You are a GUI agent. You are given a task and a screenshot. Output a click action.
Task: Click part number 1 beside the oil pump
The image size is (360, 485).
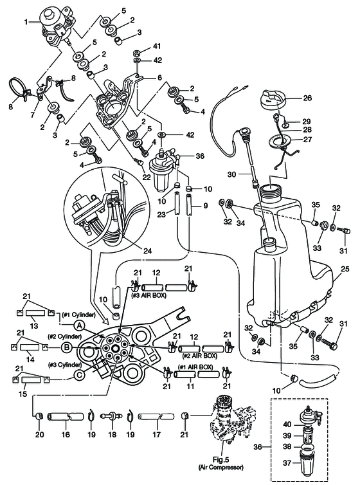click(x=26, y=22)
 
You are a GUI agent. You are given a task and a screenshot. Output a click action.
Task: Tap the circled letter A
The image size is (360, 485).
click(x=80, y=325)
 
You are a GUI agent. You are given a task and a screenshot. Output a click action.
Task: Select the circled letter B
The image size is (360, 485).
click(x=66, y=347)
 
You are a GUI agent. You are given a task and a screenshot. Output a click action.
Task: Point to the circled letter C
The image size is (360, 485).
click(x=80, y=375)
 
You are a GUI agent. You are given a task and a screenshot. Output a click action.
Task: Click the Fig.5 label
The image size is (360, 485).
click(x=221, y=460)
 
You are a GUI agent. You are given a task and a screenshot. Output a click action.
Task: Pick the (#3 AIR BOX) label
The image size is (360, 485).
click(x=149, y=295)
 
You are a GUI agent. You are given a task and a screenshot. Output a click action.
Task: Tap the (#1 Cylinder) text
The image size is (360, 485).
click(x=78, y=315)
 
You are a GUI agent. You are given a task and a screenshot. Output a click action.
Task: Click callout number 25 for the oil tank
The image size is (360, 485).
click(x=345, y=269)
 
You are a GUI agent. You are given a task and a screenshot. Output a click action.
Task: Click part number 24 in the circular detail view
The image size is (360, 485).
click(x=148, y=251)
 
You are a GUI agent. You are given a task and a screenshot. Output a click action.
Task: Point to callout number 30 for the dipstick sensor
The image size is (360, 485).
click(x=232, y=174)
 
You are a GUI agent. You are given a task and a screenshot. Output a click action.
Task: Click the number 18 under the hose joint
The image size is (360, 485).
click(x=112, y=434)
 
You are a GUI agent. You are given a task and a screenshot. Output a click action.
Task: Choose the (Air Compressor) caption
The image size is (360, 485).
click(x=221, y=467)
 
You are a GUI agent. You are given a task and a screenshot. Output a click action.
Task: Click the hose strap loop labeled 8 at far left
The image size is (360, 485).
click(x=19, y=89)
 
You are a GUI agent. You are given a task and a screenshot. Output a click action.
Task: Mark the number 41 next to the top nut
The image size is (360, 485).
click(x=157, y=47)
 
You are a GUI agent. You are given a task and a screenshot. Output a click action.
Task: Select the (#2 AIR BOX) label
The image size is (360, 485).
click(x=200, y=356)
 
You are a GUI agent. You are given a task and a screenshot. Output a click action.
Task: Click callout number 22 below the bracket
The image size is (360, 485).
click(x=147, y=178)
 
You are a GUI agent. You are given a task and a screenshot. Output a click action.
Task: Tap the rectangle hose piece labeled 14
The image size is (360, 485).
click(x=30, y=347)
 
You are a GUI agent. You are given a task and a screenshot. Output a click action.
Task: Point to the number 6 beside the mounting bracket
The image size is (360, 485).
click(x=159, y=77)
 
